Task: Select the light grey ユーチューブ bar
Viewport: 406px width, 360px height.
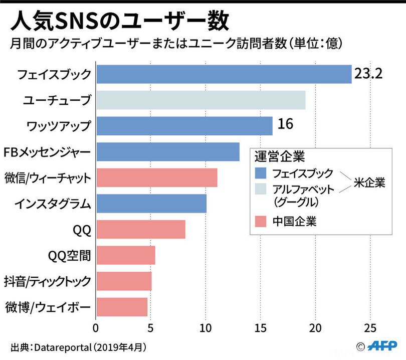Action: [x=200, y=100]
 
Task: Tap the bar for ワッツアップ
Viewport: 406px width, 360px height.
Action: [x=184, y=126]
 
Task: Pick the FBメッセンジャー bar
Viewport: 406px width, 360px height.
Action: [x=167, y=152]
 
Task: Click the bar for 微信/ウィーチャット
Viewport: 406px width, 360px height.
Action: [x=156, y=178]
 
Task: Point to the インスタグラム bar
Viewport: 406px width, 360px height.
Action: [x=151, y=204]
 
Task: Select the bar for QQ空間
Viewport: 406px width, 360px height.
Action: [x=125, y=255]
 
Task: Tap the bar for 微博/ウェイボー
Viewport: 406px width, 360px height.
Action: [x=121, y=307]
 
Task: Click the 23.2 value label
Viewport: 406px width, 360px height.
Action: [x=368, y=74]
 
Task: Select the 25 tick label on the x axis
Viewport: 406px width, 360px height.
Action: [x=370, y=328]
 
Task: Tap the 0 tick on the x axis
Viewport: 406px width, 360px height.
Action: [x=96, y=328]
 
